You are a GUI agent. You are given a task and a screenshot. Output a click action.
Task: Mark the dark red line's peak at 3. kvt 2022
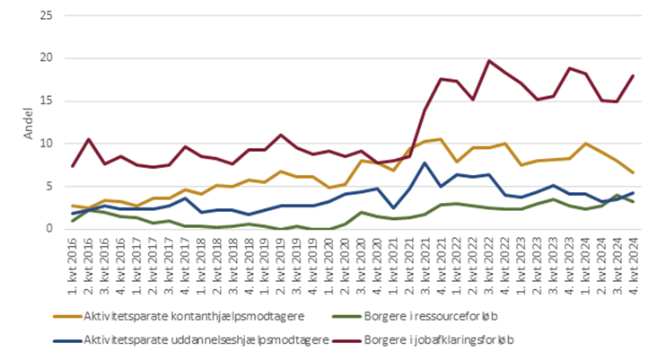(x=488, y=61)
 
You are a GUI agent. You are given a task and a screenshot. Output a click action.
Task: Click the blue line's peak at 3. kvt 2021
(x=425, y=162)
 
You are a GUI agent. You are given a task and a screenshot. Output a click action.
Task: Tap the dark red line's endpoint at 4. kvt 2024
(x=634, y=75)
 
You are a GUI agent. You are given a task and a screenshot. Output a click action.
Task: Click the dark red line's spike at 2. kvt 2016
(x=89, y=139)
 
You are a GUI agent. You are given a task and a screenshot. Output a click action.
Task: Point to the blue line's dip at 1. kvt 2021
(x=392, y=207)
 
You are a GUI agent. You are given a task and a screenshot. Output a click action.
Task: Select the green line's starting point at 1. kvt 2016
(x=73, y=221)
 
